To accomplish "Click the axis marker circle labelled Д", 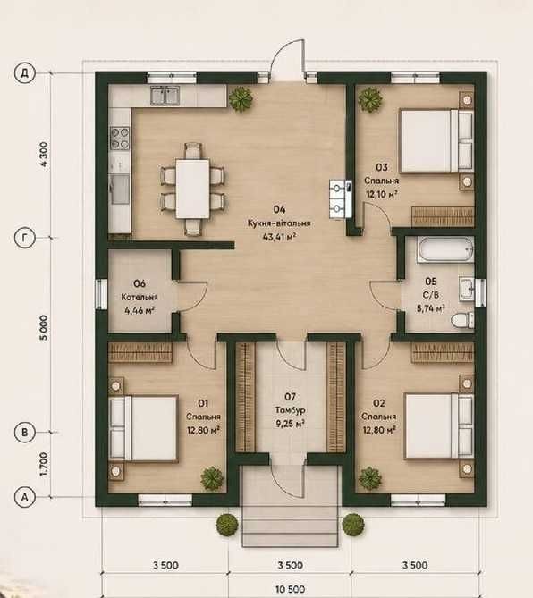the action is (x=25, y=72).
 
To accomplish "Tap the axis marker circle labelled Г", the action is (x=25, y=238).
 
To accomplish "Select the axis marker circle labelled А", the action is (x=25, y=497).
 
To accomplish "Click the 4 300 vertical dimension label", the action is (x=44, y=154).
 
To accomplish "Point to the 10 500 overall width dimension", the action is (x=291, y=590).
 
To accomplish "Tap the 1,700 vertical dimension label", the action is (x=44, y=464).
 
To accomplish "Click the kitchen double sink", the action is (x=165, y=96).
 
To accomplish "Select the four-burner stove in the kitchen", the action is (x=120, y=139).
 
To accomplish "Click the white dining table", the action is (x=192, y=190).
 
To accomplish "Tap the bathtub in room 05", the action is (x=445, y=249).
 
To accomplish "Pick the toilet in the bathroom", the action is (x=462, y=320).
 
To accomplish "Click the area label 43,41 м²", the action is (x=280, y=237).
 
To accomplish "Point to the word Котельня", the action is (x=140, y=297).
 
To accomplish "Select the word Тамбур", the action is (x=291, y=410).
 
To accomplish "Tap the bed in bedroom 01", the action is (x=144, y=429).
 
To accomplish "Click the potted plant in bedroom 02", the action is (x=369, y=478).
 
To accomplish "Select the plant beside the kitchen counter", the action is (x=241, y=98).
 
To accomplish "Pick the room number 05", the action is (x=431, y=282).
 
